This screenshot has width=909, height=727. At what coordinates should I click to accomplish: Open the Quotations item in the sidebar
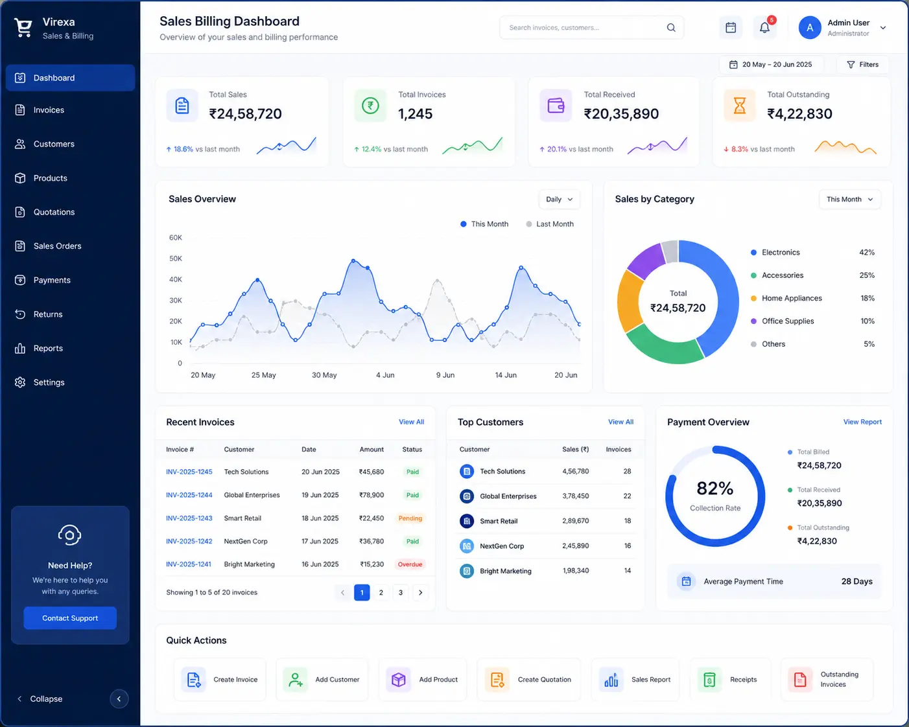[x=54, y=212]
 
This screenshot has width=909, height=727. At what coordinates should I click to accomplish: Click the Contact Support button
[x=70, y=617]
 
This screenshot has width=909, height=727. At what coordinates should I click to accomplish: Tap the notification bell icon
[x=764, y=28]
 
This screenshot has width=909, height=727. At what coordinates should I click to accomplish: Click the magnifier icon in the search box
[x=671, y=28]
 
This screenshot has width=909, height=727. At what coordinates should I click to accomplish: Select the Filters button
[x=862, y=65]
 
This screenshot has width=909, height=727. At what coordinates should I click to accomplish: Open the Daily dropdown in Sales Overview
[x=560, y=200]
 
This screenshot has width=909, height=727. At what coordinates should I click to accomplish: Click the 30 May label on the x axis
[x=324, y=375]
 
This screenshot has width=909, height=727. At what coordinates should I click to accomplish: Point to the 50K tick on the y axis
[x=176, y=259]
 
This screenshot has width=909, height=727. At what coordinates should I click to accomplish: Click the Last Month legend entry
[x=550, y=224]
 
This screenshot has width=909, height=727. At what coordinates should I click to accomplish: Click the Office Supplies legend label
[x=788, y=321]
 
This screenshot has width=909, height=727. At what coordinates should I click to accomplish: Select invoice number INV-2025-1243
[x=189, y=518]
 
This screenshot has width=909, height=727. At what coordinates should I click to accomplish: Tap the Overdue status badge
[x=410, y=564]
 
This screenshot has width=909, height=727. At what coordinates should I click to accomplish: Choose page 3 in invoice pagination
[x=401, y=592]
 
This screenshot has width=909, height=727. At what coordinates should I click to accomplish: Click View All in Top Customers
[x=620, y=422]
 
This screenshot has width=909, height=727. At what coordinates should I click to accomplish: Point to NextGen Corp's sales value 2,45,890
[x=575, y=546]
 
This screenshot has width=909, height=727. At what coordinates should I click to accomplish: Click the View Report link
[x=862, y=422]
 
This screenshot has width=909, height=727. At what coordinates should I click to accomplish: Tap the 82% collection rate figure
[x=714, y=489]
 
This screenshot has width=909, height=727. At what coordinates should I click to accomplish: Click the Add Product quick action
[x=423, y=679]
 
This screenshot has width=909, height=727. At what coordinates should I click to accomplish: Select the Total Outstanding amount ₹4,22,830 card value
[x=799, y=113]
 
